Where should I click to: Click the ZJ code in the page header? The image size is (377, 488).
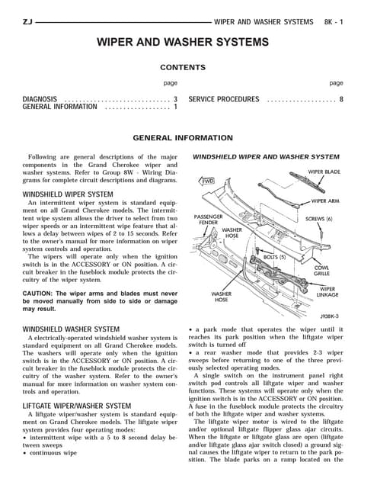[x=27, y=22]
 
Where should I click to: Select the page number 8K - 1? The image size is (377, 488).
[x=334, y=22]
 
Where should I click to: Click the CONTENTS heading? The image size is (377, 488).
[x=183, y=67]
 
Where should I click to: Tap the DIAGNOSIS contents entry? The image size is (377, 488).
[x=40, y=99]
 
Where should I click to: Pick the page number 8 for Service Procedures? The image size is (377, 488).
[x=341, y=99]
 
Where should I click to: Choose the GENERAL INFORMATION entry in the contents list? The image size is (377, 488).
[x=59, y=107]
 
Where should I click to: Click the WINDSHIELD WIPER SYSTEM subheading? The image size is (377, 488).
[x=68, y=194]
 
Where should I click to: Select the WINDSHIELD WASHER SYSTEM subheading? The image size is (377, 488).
[x=71, y=329]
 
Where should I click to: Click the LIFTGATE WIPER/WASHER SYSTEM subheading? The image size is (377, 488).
[x=77, y=406]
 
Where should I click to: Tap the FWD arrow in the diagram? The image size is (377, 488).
[x=206, y=181]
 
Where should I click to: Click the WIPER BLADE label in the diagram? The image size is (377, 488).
[x=324, y=172]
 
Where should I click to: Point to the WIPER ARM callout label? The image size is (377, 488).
[x=325, y=201]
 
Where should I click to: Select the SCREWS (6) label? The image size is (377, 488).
[x=319, y=219]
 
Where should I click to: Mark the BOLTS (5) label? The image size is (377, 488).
[x=274, y=257]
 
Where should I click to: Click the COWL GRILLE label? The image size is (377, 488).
[x=321, y=271]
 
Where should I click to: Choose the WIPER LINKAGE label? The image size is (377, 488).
[x=327, y=291]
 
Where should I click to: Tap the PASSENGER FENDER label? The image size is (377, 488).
[x=208, y=220]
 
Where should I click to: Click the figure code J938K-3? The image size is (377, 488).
[x=330, y=316]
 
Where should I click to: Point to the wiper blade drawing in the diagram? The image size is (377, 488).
[x=307, y=182]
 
